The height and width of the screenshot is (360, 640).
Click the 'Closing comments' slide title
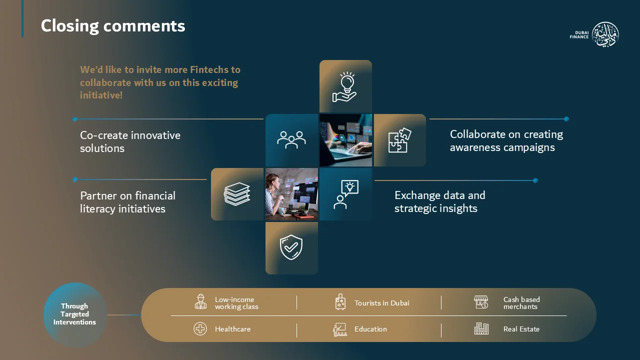tap(113, 26)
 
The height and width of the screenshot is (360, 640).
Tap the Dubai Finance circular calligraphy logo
tap(605, 34)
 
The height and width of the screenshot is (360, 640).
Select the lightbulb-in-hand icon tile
tap(345, 86)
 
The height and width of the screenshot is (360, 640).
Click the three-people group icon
tap(291, 140)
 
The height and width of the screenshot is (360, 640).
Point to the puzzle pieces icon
tap(399, 140)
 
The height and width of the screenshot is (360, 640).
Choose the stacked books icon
tap(237, 194)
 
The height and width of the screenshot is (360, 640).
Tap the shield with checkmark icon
tap(291, 247)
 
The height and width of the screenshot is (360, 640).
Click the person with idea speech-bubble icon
tap(346, 194)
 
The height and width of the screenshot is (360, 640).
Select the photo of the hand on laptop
tap(345, 140)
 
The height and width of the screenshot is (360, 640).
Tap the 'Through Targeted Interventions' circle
tap(75, 315)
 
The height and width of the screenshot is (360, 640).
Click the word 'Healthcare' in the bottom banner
tap(232, 329)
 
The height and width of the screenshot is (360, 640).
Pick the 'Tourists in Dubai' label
tap(381, 303)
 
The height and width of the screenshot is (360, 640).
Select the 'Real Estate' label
tap(521, 329)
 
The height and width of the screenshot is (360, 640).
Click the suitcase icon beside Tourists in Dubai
tap(340, 302)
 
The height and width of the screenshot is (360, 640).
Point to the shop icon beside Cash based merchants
tap(481, 302)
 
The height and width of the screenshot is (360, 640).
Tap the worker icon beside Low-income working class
tap(200, 301)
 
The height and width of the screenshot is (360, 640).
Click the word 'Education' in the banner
tap(370, 329)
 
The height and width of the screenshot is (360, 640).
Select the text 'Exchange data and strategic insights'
tap(439, 201)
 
